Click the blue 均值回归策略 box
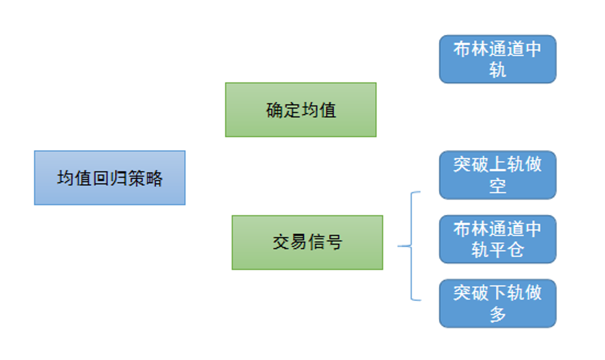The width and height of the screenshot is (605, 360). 110,178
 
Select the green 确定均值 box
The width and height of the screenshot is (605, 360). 301,110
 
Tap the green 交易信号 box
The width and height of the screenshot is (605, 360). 307,242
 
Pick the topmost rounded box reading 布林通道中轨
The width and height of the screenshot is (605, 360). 498,59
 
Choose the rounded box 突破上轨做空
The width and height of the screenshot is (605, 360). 498,175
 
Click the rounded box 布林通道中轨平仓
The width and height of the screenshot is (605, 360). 498,239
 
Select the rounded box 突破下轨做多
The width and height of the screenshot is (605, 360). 498,303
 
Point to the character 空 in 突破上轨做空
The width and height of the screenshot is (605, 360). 498,186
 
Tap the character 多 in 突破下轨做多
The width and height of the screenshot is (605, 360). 498,314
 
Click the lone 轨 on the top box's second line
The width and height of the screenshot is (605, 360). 498,70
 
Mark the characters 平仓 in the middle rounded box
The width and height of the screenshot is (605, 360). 507,250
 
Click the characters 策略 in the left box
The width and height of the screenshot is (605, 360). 146,178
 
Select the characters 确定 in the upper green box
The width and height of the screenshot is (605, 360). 283,110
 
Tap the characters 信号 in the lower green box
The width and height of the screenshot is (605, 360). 325,242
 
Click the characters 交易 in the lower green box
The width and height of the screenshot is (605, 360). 290,242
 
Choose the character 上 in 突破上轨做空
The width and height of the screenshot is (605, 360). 498,164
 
